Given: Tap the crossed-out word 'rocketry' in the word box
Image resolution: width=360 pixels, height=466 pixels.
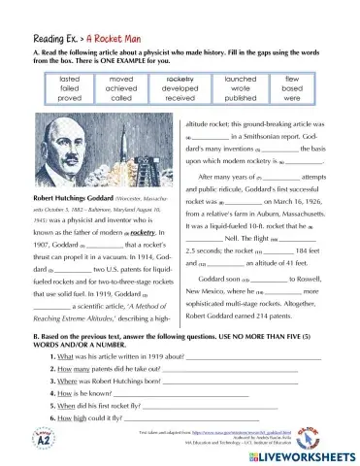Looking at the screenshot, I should [179, 75].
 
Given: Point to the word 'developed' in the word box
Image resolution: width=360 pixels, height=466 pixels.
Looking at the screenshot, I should [179, 85].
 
